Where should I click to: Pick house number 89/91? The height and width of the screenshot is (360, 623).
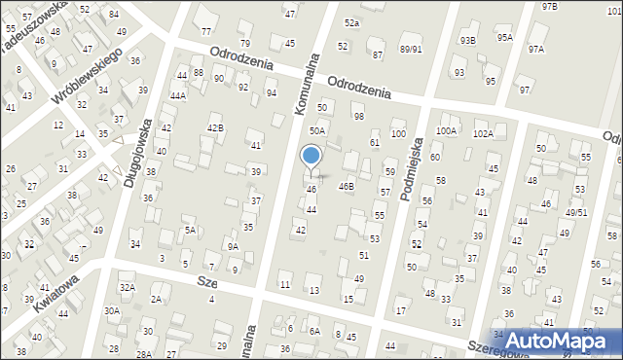point(411,49)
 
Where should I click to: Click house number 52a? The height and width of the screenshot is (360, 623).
point(351,22)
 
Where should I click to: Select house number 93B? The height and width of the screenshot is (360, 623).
point(468,40)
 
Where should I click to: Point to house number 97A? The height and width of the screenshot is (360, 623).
point(536,49)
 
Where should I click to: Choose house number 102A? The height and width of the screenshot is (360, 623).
point(483,133)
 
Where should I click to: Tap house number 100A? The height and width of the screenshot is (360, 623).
point(447,130)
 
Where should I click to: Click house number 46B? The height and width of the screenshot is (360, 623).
point(346,185)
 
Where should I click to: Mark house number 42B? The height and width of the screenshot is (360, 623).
point(215,127)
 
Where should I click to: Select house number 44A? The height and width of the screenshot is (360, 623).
point(177,95)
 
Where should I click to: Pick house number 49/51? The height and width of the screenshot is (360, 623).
point(577,212)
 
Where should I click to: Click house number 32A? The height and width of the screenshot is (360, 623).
point(128,287)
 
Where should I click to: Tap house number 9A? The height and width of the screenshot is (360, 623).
point(233,246)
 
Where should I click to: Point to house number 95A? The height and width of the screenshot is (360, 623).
point(504,38)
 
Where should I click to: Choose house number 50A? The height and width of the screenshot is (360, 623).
point(317,129)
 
